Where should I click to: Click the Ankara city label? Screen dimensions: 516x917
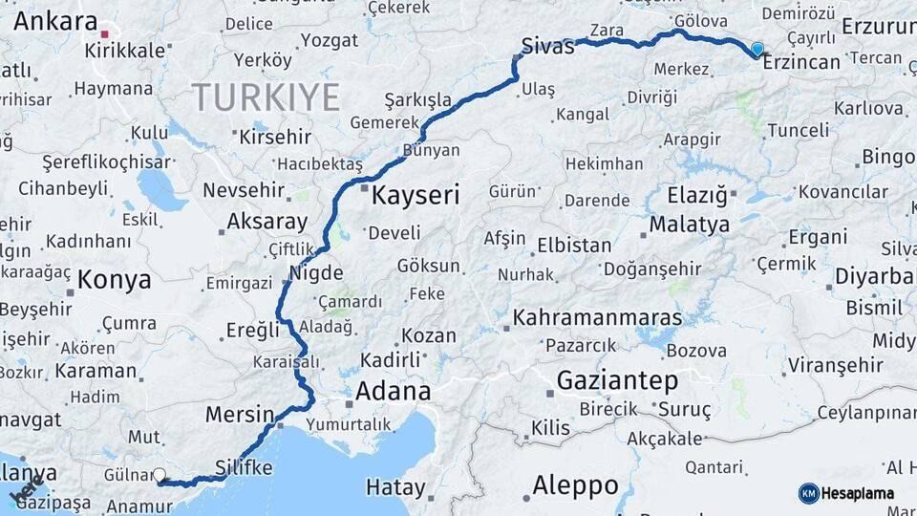coord(55,21)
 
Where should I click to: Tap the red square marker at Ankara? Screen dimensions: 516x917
coord(104,33)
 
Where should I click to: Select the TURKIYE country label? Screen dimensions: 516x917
coord(266,97)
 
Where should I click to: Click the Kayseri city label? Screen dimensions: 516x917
coord(416,197)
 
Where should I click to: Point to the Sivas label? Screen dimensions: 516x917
coord(548,46)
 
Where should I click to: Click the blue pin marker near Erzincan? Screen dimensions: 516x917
coord(757,49)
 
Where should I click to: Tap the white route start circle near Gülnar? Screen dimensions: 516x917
coord(160,475)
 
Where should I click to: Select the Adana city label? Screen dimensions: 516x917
coord(393,392)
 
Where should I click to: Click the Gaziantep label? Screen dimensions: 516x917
coord(617,380)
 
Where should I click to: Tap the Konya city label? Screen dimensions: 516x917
coord(114,280)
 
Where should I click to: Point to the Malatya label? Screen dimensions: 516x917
coord(690,226)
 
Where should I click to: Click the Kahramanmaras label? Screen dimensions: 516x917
coord(598,317)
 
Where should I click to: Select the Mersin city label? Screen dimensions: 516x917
coord(240,415)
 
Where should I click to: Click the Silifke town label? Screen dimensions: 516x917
coord(245,467)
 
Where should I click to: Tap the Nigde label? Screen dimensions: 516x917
coord(315,272)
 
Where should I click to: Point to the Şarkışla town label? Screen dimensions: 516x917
coord(417,99)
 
